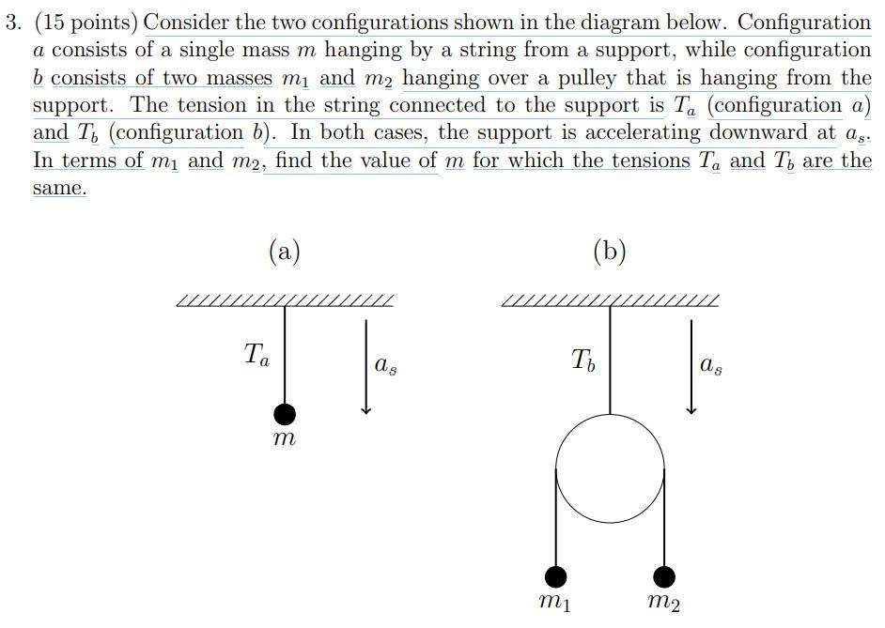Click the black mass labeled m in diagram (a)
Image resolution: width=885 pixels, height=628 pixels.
[x=285, y=414]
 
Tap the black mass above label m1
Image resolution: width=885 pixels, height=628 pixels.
[x=556, y=575]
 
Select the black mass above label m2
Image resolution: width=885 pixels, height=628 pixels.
[x=664, y=575]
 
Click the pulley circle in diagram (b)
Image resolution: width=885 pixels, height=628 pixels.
[x=610, y=468]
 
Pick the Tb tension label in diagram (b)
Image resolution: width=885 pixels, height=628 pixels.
[x=582, y=359]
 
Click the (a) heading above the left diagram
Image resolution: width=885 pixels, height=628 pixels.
[x=285, y=251]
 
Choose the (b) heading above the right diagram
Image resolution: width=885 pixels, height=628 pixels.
[x=610, y=251]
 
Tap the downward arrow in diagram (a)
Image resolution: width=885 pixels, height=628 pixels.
[x=366, y=367]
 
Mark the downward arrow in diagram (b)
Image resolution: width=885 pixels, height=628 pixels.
[x=691, y=367]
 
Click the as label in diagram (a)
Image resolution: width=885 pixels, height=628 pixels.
[x=385, y=365]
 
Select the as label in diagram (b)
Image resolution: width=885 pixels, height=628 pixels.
[x=711, y=365]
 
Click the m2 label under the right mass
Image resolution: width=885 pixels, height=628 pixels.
[x=664, y=602]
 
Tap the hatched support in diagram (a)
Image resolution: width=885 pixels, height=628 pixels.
[x=285, y=301]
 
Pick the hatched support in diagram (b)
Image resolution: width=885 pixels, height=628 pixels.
[x=611, y=301]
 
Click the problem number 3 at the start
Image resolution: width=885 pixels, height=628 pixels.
[x=11, y=23]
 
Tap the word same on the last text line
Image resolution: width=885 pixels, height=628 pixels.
[x=58, y=188]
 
